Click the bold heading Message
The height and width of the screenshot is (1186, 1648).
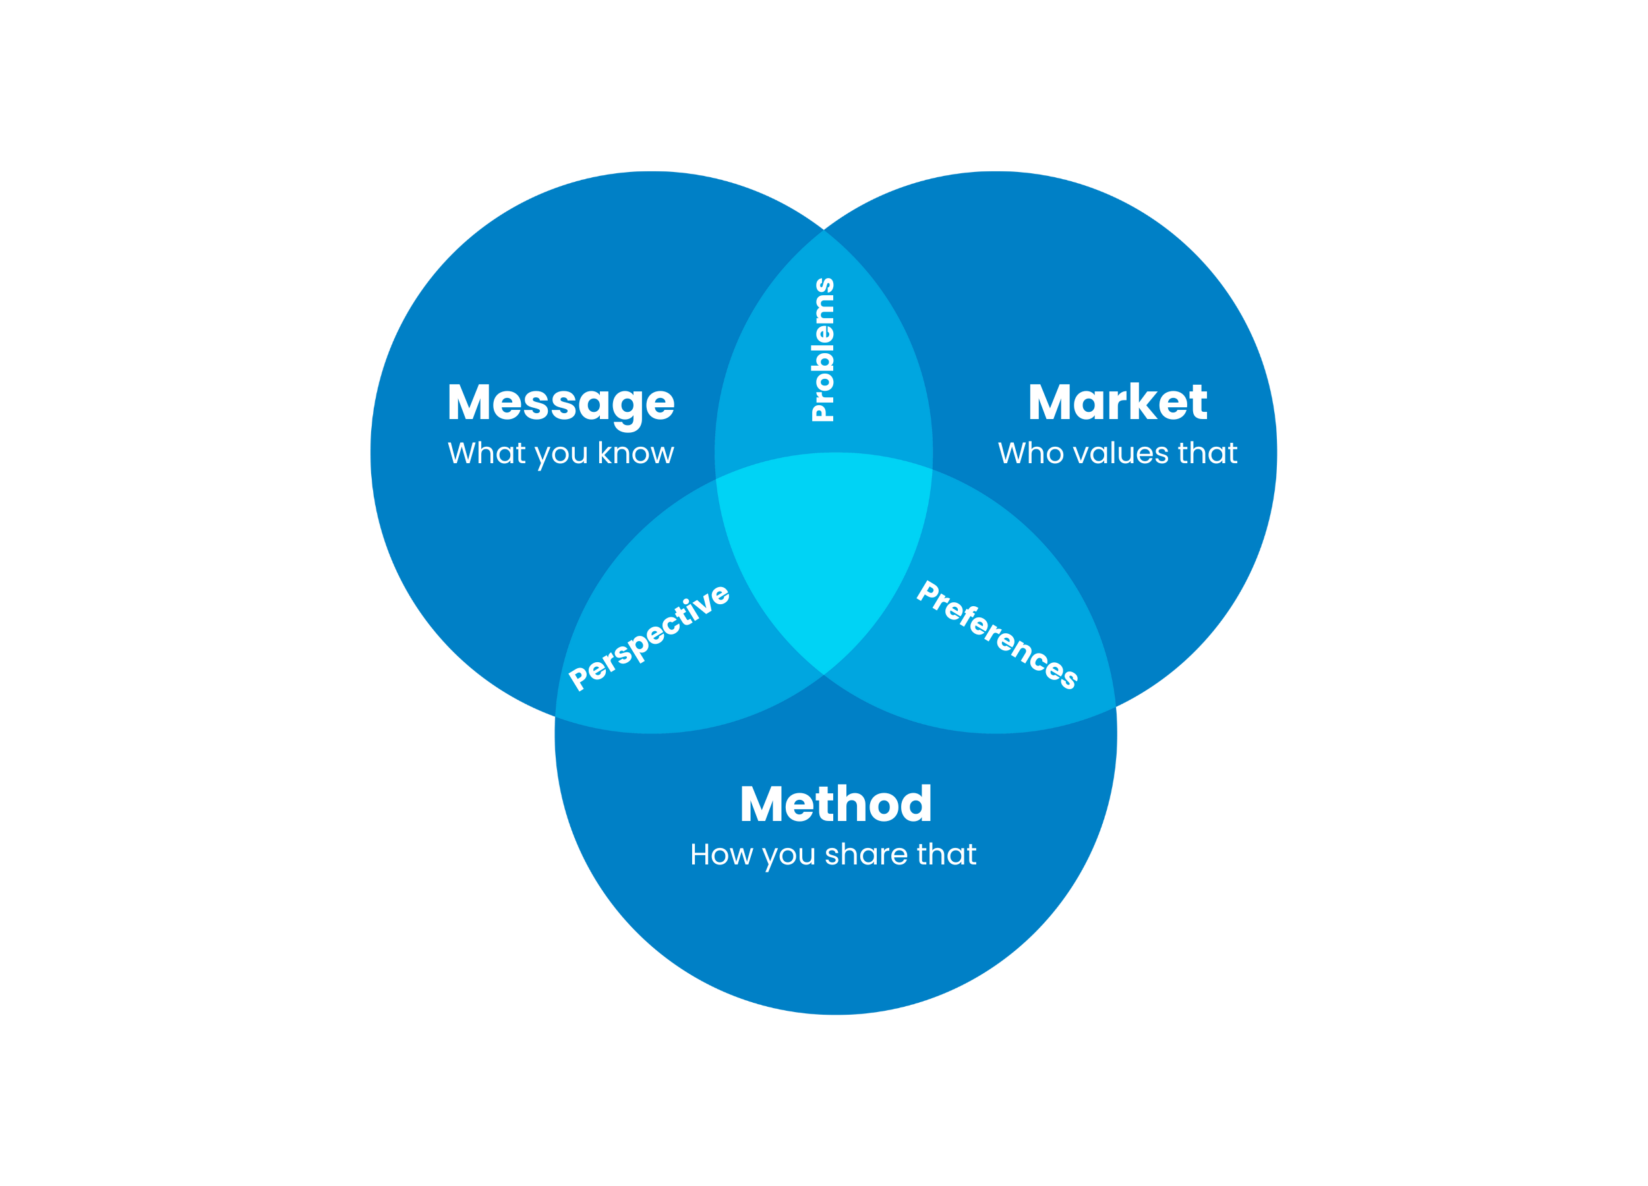[x=560, y=403]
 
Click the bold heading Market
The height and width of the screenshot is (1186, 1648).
[x=1117, y=403]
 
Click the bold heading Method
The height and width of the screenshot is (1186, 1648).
[x=835, y=805]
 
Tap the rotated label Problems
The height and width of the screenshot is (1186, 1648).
[x=823, y=349]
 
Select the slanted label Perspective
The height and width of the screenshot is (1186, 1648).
[x=649, y=637]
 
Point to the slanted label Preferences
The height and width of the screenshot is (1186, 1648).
[x=997, y=635]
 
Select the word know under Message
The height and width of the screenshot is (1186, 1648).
[x=636, y=453]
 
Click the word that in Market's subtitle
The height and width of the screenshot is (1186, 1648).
[x=1208, y=453]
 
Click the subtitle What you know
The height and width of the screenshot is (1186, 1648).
[x=560, y=454]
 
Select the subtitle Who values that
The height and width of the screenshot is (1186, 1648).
[x=1117, y=453]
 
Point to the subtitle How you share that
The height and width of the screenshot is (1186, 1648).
[x=833, y=855]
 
